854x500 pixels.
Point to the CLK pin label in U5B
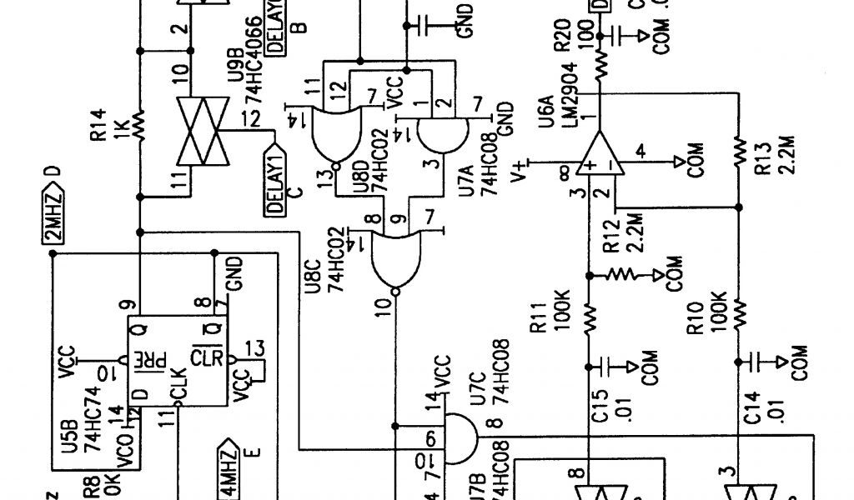188,390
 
